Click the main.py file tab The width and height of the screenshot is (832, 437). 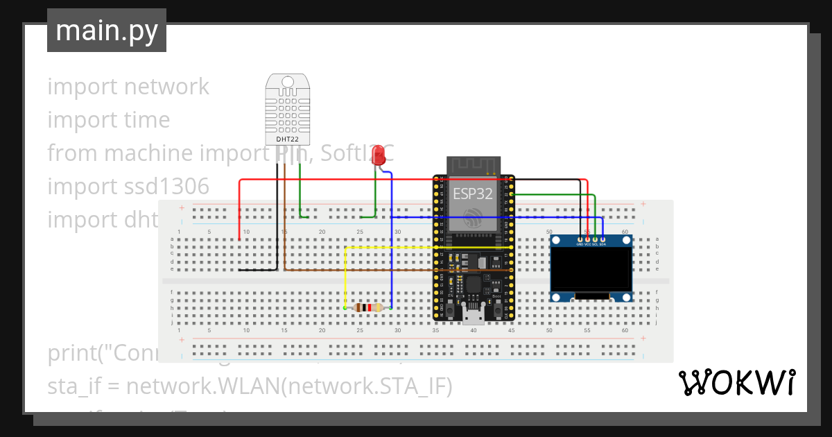106,31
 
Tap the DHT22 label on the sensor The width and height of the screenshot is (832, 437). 287,139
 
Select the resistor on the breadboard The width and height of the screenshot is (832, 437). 367,308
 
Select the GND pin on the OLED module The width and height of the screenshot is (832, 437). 580,239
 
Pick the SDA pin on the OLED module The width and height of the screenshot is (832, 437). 603,239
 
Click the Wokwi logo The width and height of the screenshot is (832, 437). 736,382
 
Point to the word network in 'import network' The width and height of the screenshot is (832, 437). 166,87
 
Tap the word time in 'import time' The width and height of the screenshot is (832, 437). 147,120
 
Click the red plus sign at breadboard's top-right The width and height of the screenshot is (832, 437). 643,204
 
